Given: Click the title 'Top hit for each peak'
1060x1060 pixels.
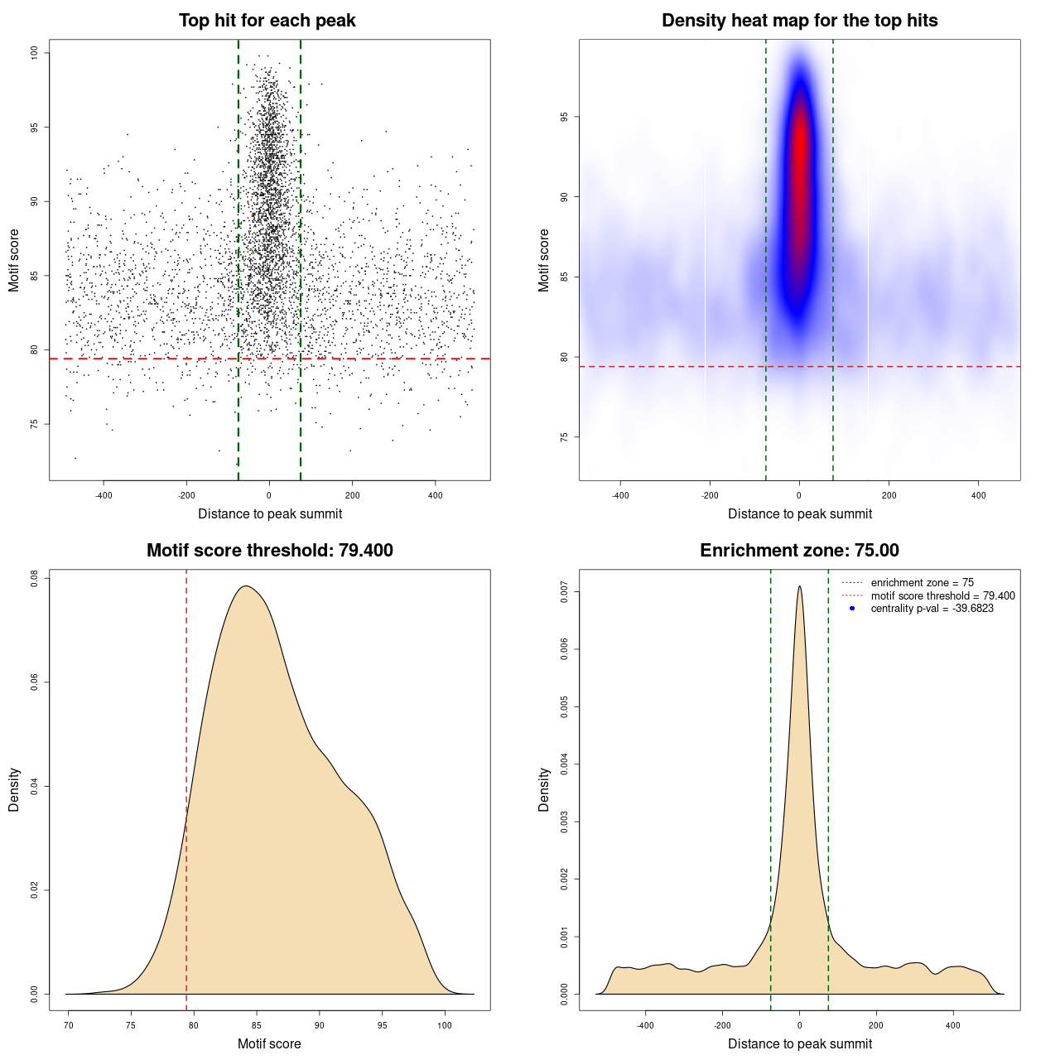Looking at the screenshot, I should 267,21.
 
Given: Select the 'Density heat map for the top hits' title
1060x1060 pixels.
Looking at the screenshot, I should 799,21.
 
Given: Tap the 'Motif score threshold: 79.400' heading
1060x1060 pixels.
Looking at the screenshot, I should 269,551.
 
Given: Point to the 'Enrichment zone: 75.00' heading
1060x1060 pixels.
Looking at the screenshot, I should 799,551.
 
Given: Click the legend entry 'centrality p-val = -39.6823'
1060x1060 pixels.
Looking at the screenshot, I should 932,609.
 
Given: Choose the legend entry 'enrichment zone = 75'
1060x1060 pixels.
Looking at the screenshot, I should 922,583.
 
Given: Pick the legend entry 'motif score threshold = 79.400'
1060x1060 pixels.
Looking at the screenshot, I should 942,595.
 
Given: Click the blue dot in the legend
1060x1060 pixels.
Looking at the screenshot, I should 852,609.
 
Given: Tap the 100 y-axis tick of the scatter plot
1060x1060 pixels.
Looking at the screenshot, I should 35,53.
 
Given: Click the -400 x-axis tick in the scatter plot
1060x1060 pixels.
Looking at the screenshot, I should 104,495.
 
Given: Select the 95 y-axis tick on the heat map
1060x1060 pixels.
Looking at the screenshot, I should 565,118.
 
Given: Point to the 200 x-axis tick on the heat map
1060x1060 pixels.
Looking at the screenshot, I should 889,495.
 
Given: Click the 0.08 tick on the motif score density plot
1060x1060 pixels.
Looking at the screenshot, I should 35,578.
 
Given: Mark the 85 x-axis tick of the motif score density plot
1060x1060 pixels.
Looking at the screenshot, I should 257,1025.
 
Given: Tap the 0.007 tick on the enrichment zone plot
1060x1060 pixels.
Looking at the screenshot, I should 565,592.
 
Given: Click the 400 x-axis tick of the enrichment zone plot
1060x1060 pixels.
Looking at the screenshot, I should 953,1025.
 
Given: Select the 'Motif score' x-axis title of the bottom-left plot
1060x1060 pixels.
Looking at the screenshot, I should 269,1043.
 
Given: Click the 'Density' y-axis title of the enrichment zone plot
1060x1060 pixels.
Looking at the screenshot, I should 544,789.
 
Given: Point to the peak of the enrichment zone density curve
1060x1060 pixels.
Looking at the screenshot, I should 799,586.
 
